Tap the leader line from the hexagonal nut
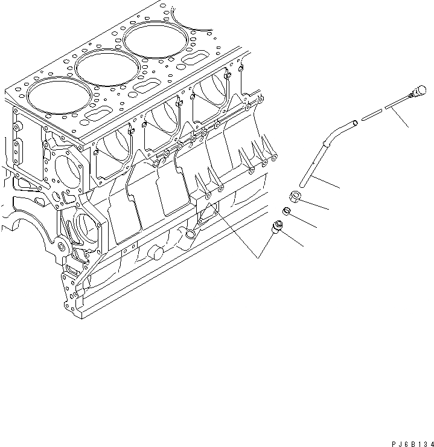coord(318,204)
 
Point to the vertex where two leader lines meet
coord(258,259)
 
